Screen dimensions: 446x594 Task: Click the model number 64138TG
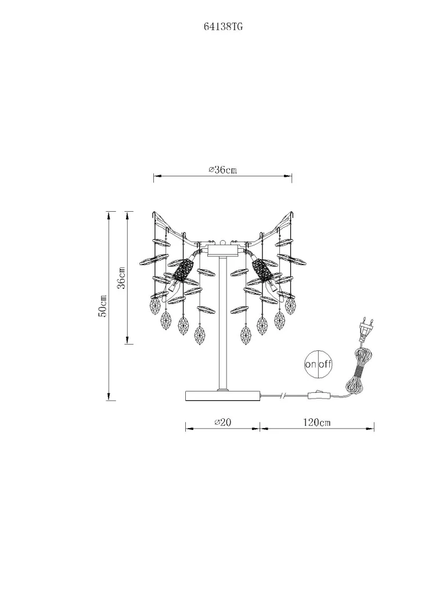tap(223, 27)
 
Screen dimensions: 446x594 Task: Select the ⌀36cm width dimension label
tap(222, 170)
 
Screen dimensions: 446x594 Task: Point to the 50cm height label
tap(102, 306)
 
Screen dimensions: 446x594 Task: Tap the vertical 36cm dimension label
tap(121, 278)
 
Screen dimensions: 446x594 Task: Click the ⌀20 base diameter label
tap(222, 422)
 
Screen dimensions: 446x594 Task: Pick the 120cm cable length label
tap(316, 422)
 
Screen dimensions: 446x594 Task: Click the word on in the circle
tap(311, 364)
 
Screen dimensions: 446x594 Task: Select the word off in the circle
tap(325, 364)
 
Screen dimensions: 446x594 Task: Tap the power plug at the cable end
tap(366, 328)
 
